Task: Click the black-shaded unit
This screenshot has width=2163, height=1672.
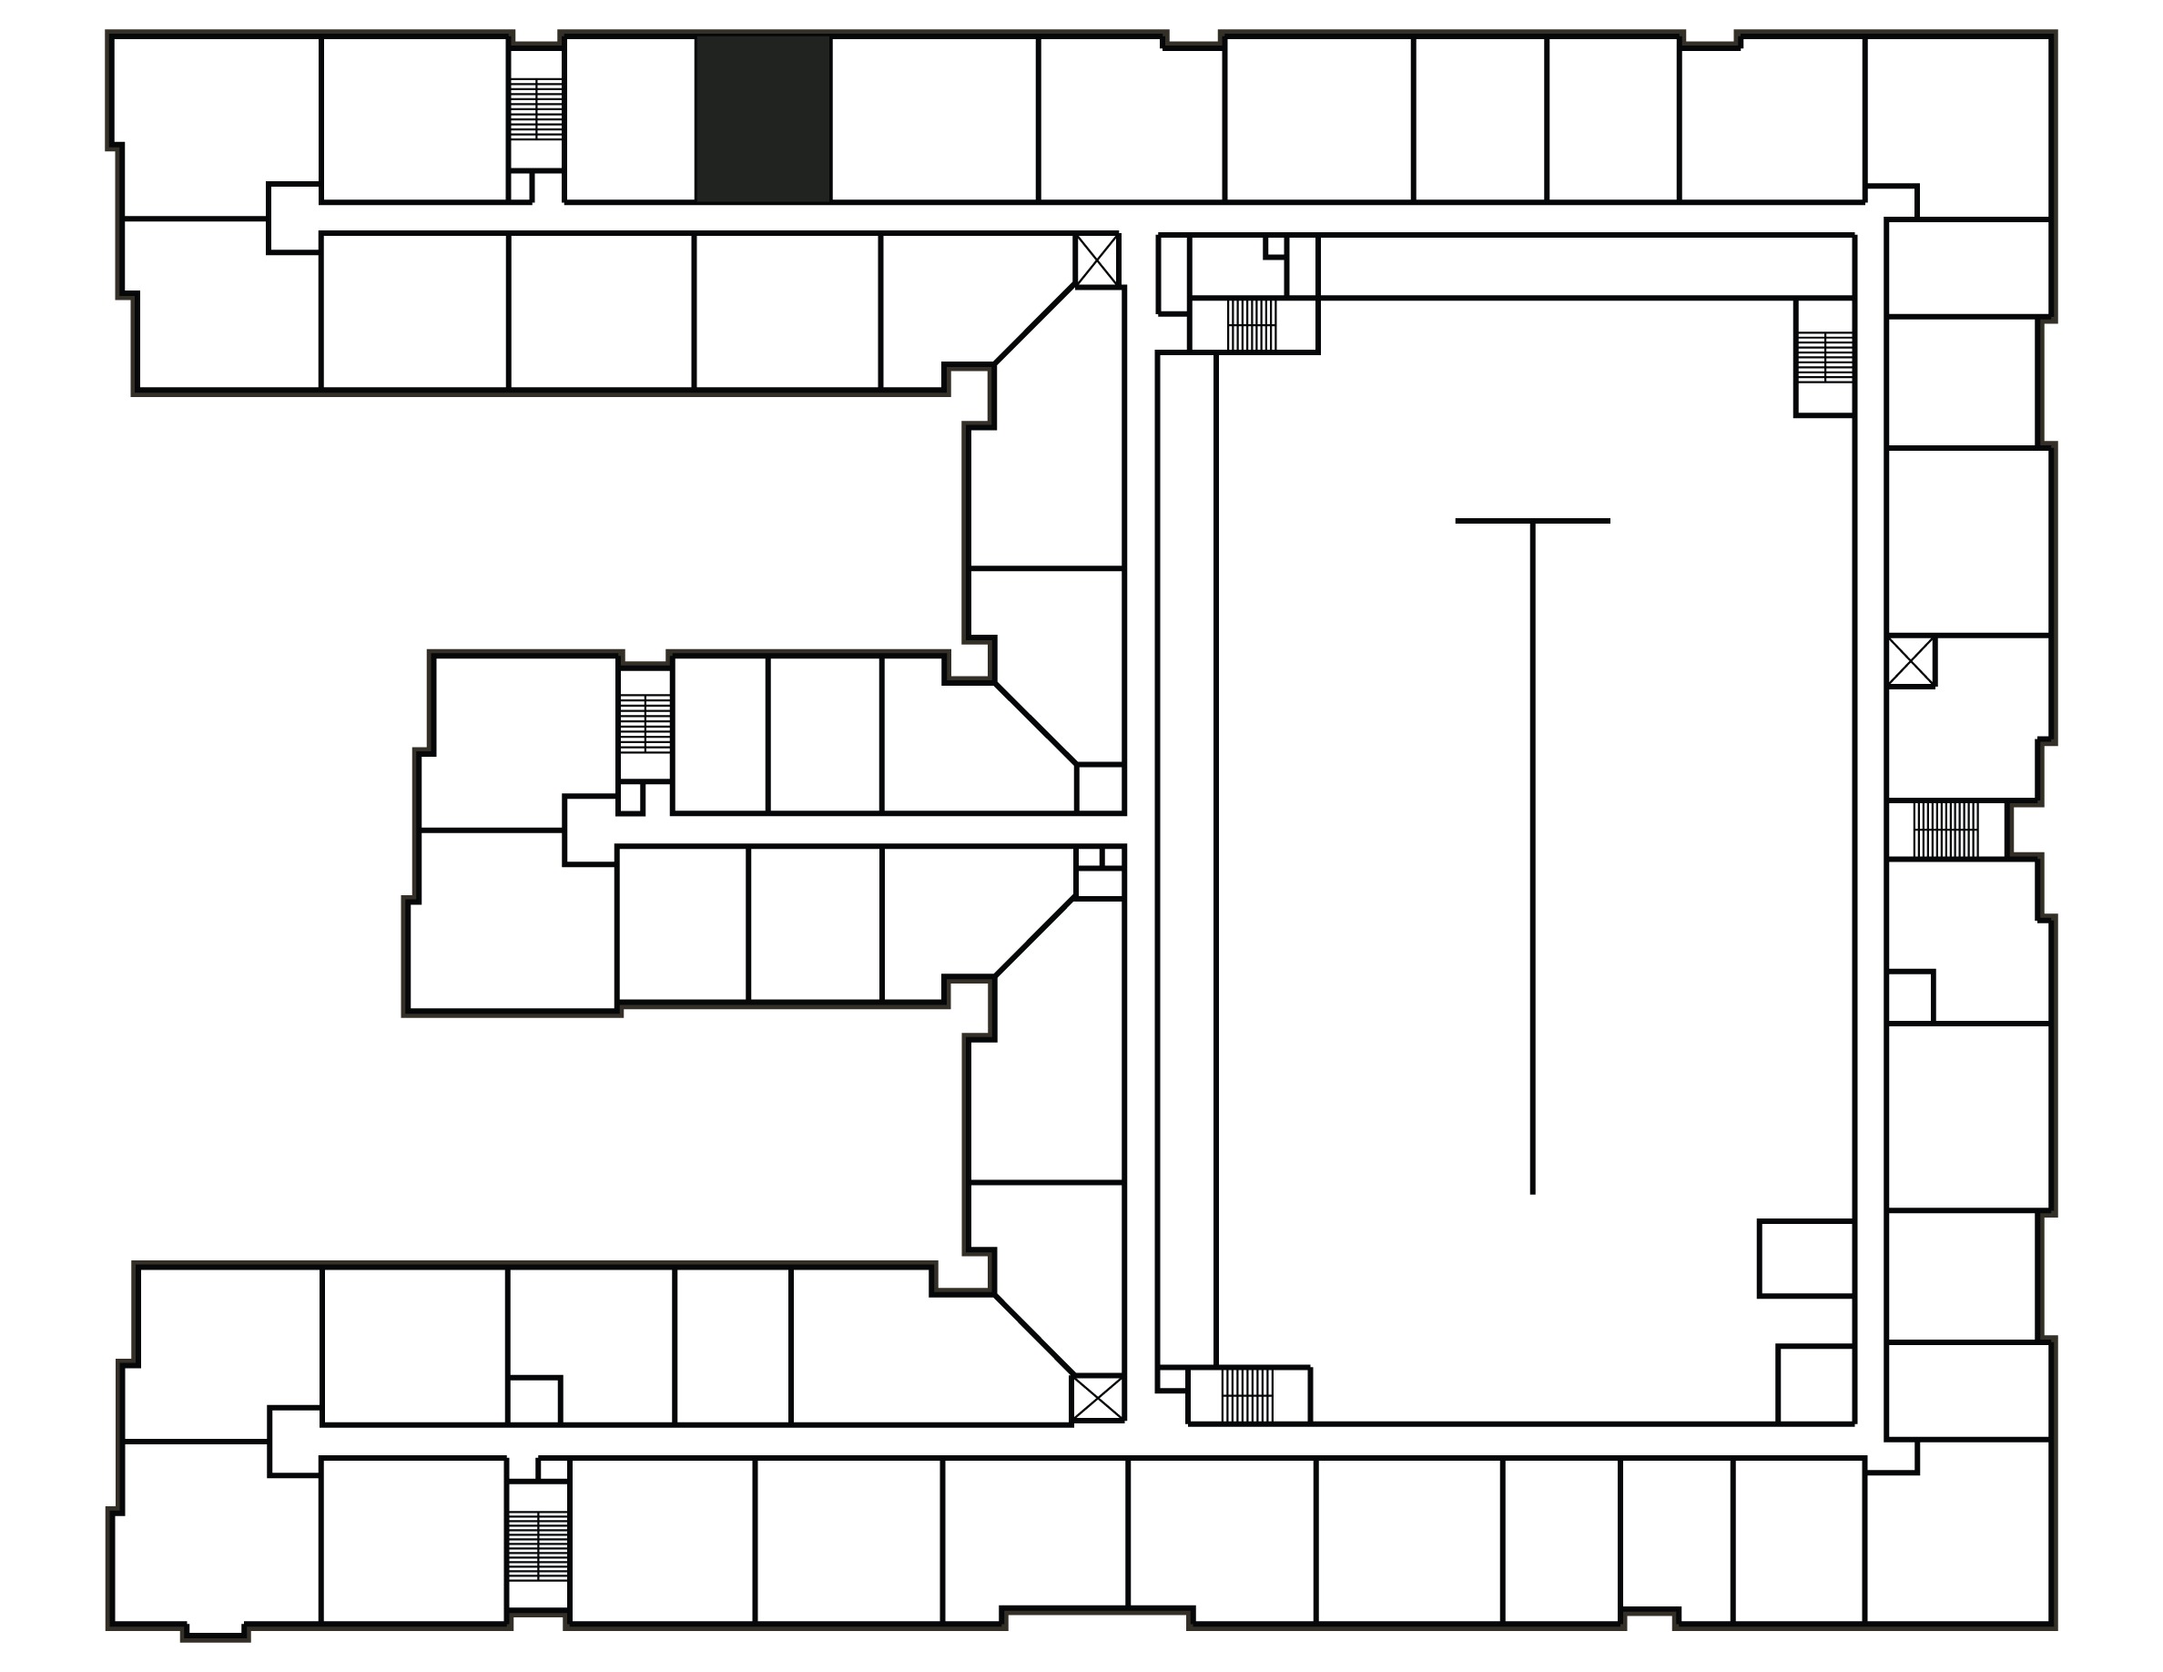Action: pos(763,119)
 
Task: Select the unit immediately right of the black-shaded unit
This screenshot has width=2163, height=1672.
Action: pos(934,119)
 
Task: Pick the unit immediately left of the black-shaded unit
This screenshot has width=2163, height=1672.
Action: pos(630,119)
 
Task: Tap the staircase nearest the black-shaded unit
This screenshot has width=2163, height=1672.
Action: pos(536,109)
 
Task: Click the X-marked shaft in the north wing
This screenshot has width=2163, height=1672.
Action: pos(1097,260)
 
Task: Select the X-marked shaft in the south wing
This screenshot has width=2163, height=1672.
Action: pos(1097,1398)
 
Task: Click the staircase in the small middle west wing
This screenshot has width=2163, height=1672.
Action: pos(645,723)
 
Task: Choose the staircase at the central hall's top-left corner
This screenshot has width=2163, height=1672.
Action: pos(1252,325)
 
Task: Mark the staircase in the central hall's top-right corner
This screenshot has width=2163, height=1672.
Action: pos(1825,358)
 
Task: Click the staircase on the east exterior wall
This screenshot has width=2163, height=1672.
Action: pos(1945,830)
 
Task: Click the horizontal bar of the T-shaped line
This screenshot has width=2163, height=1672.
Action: pos(1532,521)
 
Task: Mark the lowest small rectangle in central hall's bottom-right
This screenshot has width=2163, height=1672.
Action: pos(1814,1383)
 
